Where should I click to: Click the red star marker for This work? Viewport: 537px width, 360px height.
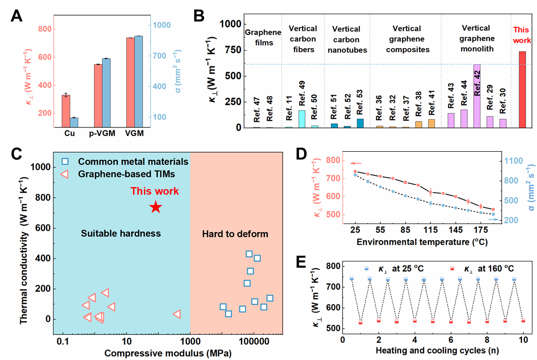pyautogui.click(x=156, y=207)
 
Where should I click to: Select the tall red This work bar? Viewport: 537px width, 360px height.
pyautogui.click(x=522, y=89)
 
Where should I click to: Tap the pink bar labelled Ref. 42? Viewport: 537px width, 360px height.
pyautogui.click(x=476, y=96)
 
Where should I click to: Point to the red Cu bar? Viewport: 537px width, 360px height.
pyautogui.click(x=66, y=110)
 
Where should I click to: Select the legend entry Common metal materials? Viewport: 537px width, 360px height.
pyautogui.click(x=133, y=162)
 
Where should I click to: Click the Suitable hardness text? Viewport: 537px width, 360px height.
pyautogui.click(x=121, y=233)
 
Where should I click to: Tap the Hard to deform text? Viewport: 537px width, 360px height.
pyautogui.click(x=235, y=234)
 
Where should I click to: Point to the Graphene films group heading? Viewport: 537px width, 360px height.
pyautogui.click(x=263, y=37)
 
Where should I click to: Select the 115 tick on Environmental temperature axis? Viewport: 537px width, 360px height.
pyautogui.click(x=430, y=229)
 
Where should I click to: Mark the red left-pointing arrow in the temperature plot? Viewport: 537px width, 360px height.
pyautogui.click(x=356, y=163)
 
